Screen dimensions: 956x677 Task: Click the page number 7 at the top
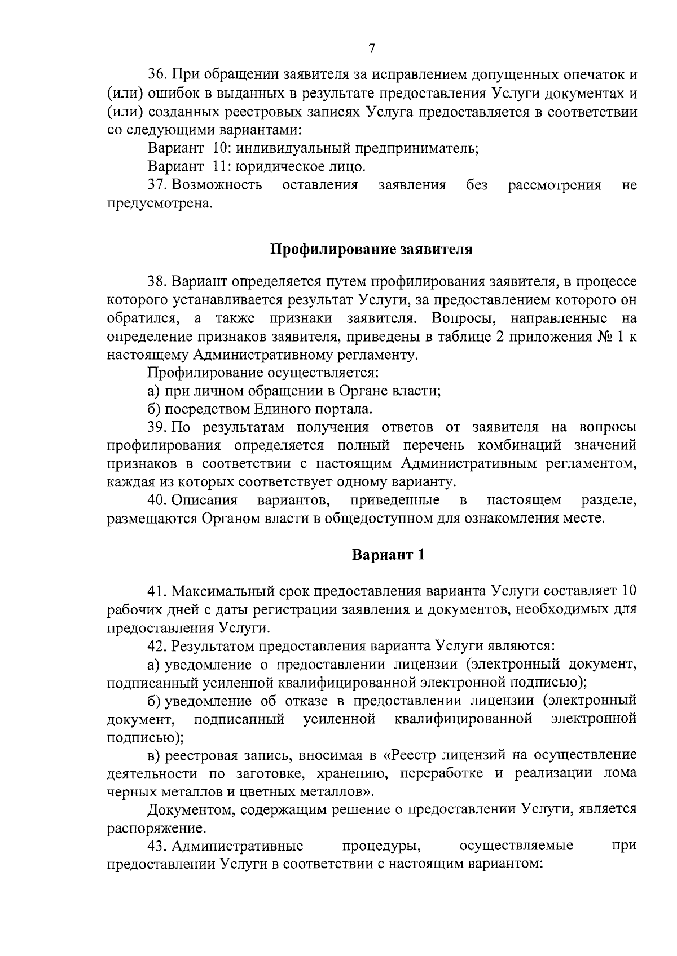(x=372, y=49)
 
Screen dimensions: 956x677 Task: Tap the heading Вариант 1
(x=388, y=555)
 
